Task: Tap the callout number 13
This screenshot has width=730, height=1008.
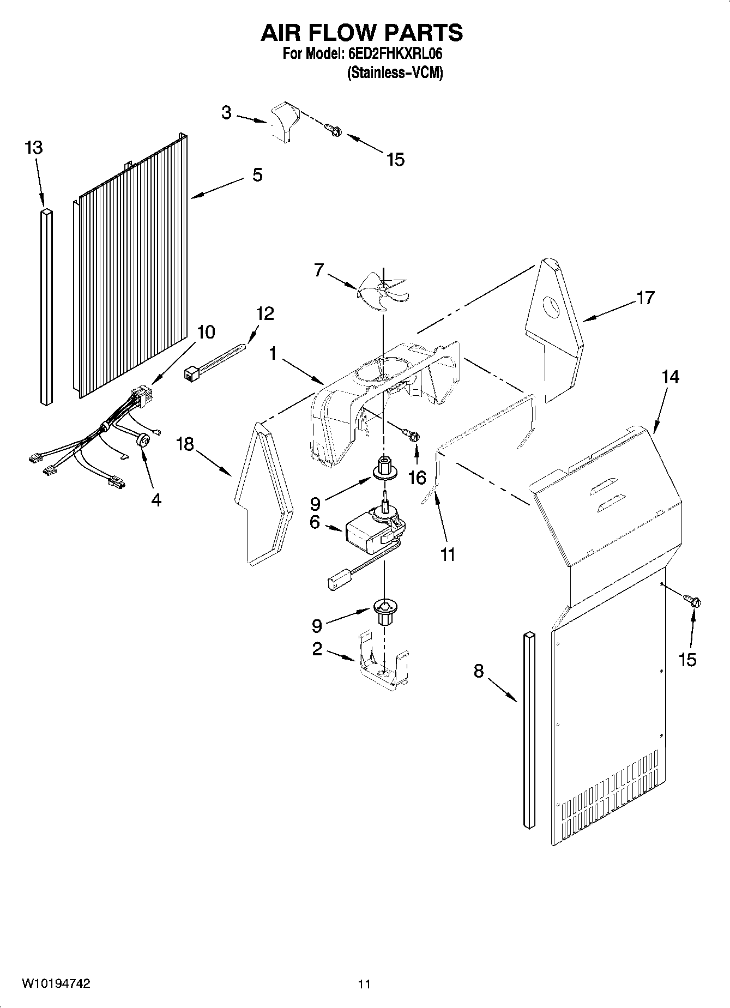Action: coord(34,148)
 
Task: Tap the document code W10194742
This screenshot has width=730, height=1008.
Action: coord(56,983)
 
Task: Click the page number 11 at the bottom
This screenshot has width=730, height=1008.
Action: coord(364,984)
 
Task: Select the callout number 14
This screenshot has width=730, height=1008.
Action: coord(671,377)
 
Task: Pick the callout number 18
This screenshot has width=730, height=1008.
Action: coord(185,444)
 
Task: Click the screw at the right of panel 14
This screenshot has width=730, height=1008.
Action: coord(693,601)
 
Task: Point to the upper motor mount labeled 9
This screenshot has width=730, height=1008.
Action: coord(384,468)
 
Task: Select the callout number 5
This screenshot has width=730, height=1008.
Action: coord(257,176)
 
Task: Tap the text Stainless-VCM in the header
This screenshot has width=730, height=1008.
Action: coord(395,73)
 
